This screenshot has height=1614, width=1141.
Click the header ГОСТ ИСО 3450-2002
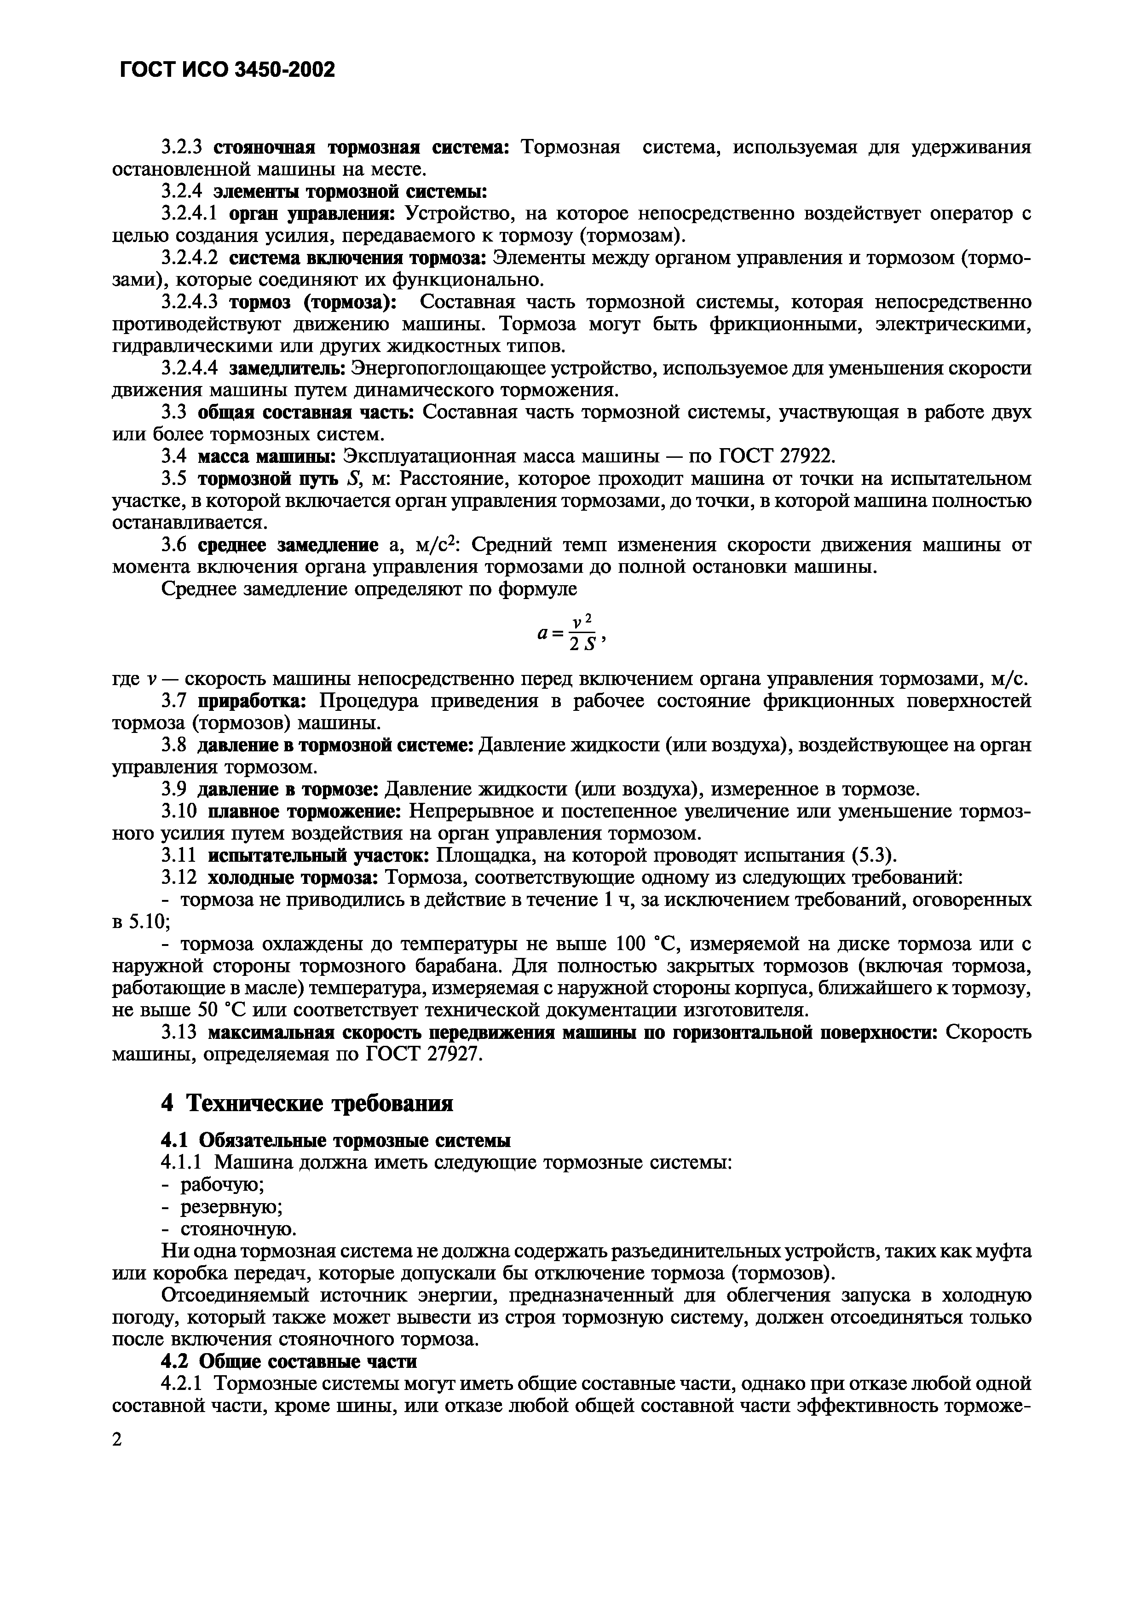[228, 69]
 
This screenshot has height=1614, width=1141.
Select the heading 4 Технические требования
[307, 1103]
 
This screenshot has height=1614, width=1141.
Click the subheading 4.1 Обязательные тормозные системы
[336, 1140]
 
